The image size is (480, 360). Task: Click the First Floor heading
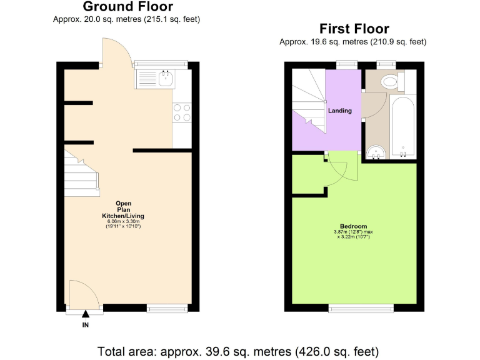354,29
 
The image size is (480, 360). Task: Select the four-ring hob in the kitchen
182,112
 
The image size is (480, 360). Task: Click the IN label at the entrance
86,325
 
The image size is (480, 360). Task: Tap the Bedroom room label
353,226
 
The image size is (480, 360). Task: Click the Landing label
340,111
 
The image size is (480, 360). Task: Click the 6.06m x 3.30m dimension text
123,221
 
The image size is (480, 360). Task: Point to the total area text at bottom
238,351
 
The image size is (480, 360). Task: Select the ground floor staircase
80,172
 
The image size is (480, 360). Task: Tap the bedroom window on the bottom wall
361,307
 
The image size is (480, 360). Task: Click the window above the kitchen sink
161,63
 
